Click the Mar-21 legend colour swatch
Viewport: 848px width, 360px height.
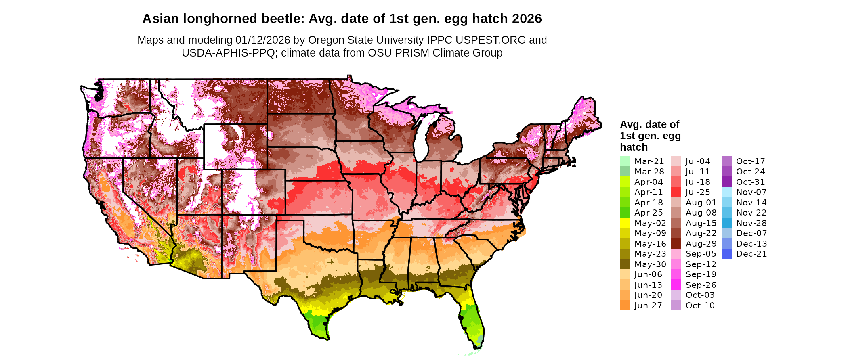click(625, 161)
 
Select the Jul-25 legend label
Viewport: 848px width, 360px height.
click(698, 192)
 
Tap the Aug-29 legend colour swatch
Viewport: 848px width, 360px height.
click(676, 244)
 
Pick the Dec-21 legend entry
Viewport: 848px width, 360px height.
click(751, 254)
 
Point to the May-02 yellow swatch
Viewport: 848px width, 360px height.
click(625, 223)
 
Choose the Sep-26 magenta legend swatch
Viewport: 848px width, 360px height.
click(676, 285)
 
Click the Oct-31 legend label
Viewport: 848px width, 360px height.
click(750, 182)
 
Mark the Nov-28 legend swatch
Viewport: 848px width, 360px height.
click(726, 223)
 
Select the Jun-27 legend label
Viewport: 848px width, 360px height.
click(648, 306)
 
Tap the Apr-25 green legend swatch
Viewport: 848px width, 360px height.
click(625, 213)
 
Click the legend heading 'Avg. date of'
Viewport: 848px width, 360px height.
click(649, 124)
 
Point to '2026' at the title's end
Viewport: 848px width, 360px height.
click(527, 19)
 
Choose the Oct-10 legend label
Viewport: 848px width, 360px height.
click(700, 306)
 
